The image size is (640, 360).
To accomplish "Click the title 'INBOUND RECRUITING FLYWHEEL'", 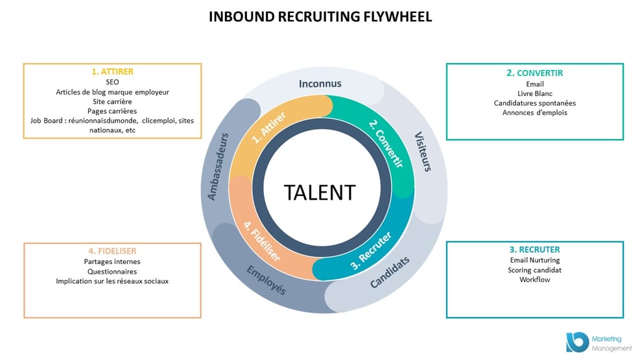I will (x=320, y=17).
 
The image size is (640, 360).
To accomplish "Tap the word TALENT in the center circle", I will (x=320, y=193).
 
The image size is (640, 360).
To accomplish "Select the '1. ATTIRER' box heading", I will (x=112, y=73).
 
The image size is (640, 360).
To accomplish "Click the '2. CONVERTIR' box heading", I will (x=534, y=73).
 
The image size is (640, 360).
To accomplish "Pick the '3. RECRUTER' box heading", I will (x=534, y=250).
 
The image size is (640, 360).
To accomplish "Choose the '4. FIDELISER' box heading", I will (x=112, y=251).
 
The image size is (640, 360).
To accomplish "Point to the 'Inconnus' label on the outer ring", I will (x=320, y=84).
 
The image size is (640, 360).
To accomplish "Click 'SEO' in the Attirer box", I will (x=112, y=83).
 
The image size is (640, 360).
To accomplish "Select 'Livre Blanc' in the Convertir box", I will (x=534, y=93).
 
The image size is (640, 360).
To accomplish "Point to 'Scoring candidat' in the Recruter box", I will (x=534, y=270).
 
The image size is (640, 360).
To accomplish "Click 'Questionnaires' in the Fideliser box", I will (x=112, y=271).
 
